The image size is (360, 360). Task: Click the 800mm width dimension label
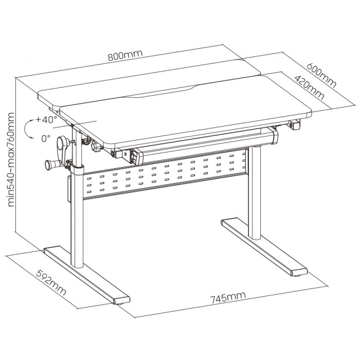point(125,55)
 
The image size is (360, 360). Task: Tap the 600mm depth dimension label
point(321,75)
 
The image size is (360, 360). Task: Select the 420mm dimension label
point(309,87)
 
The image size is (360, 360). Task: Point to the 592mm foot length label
point(51,283)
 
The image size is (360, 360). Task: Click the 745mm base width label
point(228,298)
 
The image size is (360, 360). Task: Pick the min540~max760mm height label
point(11,159)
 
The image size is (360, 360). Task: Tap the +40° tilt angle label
point(46,120)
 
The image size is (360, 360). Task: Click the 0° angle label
point(46,138)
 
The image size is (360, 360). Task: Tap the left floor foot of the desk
point(87,275)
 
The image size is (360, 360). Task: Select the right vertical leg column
point(255,193)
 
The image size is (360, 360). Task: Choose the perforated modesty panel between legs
point(165,174)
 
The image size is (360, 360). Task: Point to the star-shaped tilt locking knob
point(97,146)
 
